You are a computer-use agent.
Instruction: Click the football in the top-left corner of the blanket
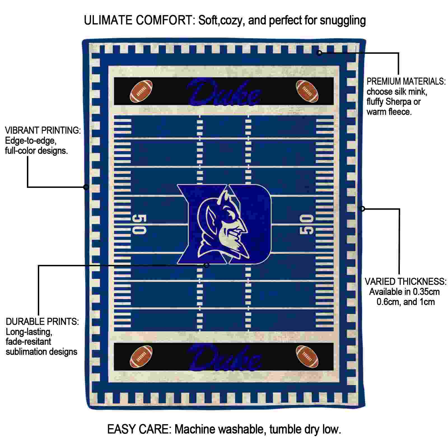[141, 91]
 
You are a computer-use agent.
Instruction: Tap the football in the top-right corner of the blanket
[307, 91]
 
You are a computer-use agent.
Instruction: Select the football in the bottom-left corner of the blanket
[141, 356]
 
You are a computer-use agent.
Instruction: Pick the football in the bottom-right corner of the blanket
[307, 356]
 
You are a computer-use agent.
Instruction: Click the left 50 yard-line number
[139, 224]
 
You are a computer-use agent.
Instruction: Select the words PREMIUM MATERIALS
[406, 81]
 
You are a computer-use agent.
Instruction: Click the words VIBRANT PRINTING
[43, 130]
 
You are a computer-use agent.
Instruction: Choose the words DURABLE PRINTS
[42, 321]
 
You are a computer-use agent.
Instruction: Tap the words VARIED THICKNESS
[405, 281]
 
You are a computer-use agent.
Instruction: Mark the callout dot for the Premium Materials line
[319, 53]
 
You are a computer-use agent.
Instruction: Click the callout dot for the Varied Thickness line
[362, 209]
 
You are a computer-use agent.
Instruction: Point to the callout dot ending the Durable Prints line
[206, 265]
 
